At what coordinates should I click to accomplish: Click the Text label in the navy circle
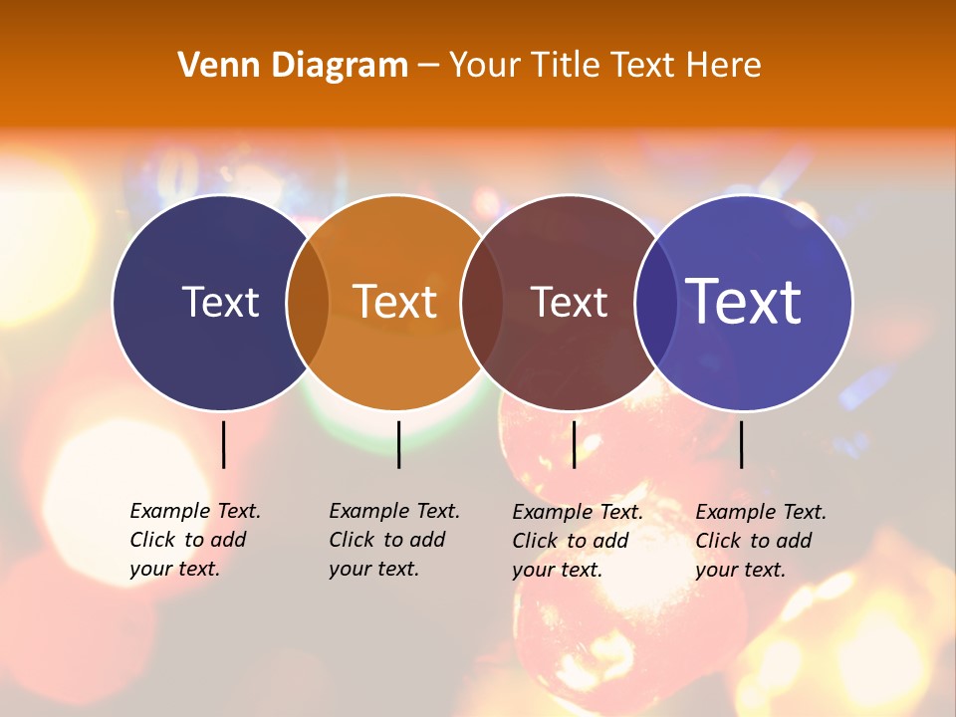click(220, 302)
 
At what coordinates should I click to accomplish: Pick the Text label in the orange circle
click(395, 302)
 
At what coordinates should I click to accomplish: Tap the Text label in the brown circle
click(569, 302)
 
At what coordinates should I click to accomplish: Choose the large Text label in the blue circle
click(744, 302)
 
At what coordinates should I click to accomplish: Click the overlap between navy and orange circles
click(308, 302)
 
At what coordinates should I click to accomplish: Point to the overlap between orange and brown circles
click(481, 302)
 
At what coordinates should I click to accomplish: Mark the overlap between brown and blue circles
click(655, 302)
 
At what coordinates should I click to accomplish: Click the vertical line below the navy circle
click(224, 444)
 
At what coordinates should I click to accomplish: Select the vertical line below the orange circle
click(398, 444)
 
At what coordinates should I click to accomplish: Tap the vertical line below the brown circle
click(574, 444)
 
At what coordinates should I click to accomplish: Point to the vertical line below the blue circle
click(742, 444)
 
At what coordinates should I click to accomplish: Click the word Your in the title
click(484, 65)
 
